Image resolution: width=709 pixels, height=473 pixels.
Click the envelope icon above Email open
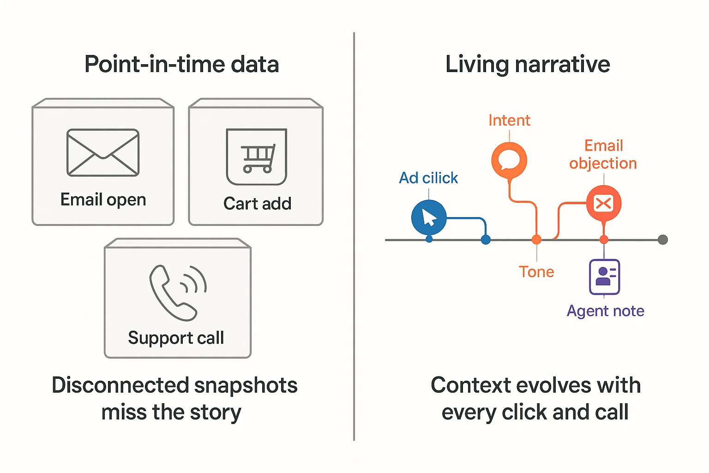(103, 152)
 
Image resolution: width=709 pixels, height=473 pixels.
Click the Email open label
(103, 200)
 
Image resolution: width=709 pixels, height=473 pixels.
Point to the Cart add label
(257, 203)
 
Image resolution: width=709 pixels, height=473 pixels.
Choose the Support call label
(176, 338)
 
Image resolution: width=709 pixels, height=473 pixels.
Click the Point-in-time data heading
(181, 64)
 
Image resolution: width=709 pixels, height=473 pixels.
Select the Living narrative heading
(528, 64)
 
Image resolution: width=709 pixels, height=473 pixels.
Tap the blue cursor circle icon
(429, 217)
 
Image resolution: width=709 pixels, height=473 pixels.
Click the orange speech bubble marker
(509, 160)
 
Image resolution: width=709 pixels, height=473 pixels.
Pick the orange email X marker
(604, 203)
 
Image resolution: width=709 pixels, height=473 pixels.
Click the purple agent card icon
(604, 277)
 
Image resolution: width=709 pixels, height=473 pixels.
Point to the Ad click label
(428, 178)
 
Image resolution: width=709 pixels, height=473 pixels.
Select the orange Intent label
(509, 121)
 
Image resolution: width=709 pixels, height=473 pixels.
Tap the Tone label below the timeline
(536, 272)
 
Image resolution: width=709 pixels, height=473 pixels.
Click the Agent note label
(605, 311)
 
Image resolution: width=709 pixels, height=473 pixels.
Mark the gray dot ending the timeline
(663, 240)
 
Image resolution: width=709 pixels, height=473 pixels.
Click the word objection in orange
(603, 164)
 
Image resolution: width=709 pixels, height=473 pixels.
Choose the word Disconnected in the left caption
(120, 385)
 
